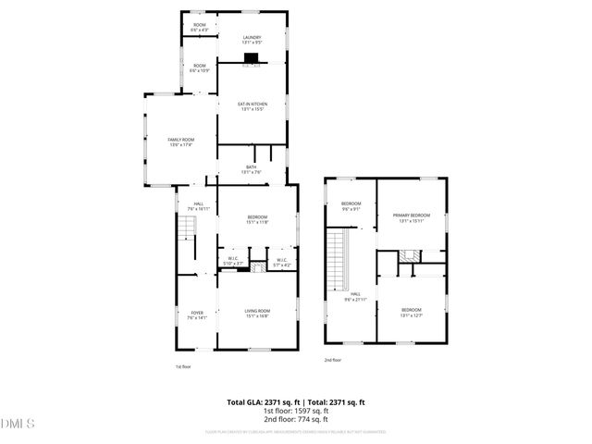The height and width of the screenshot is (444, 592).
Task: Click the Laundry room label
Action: (252, 40)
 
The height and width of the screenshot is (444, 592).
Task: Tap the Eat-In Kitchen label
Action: (253, 106)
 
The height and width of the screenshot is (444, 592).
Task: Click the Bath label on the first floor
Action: (252, 169)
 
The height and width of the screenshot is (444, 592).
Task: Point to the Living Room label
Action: (257, 313)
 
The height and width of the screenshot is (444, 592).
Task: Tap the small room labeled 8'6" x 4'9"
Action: (199, 28)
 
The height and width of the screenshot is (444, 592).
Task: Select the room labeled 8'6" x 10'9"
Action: (199, 68)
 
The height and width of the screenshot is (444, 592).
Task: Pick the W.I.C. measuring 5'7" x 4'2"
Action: (283, 263)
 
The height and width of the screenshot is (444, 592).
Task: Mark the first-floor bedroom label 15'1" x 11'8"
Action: (257, 220)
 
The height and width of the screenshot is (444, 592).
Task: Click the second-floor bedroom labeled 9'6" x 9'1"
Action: (351, 206)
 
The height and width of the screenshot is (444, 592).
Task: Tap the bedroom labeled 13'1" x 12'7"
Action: (411, 312)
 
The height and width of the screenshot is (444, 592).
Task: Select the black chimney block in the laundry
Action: (251, 58)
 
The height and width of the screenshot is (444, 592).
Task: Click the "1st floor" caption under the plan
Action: (183, 366)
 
